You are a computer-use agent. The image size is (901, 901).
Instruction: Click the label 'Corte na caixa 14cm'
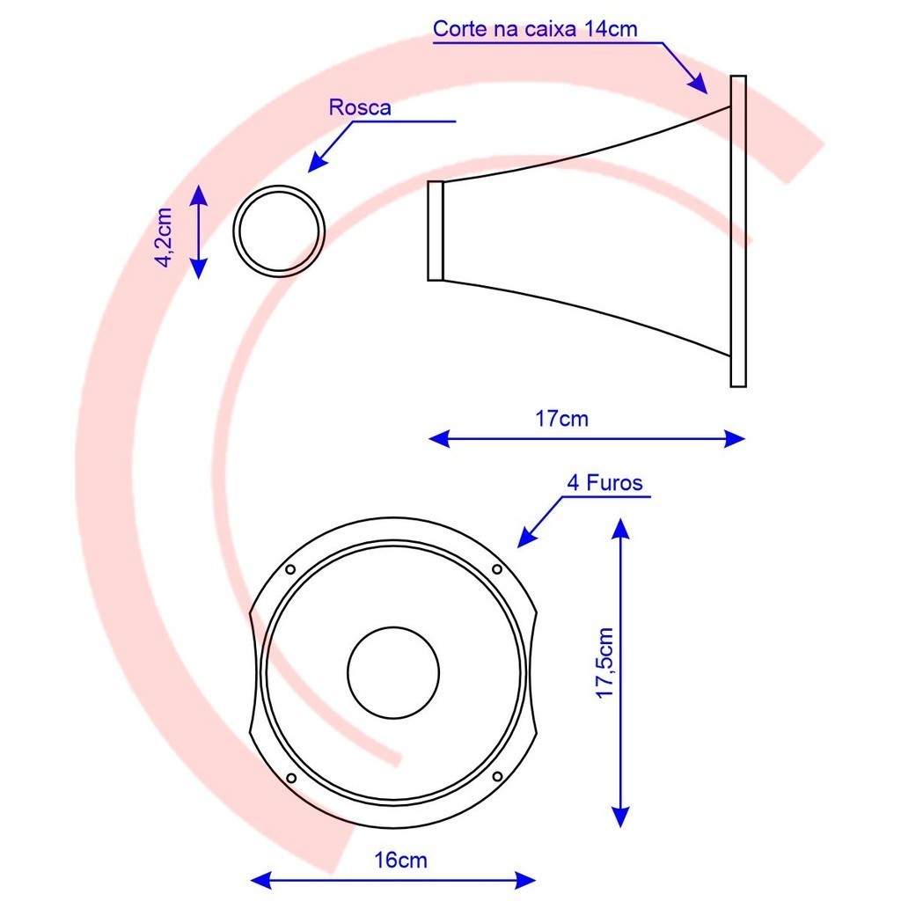(535, 29)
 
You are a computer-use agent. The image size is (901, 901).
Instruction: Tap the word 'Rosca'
(360, 107)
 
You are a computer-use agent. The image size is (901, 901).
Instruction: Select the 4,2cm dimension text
(165, 238)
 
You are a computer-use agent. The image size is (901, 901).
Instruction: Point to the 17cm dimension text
(562, 419)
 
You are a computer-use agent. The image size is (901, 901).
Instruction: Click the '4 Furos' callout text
(604, 483)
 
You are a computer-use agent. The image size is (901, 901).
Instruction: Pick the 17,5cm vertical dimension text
(605, 663)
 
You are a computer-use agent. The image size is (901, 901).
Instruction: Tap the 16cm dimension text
(400, 861)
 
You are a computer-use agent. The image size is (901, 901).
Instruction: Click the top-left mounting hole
(290, 569)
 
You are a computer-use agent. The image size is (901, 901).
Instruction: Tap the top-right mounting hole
(497, 569)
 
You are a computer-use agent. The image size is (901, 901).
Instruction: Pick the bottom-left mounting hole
(290, 778)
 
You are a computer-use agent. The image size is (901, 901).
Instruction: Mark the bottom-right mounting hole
(498, 777)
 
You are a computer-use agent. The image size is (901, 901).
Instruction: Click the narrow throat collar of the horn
(436, 231)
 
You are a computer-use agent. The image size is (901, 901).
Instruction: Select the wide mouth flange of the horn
(738, 231)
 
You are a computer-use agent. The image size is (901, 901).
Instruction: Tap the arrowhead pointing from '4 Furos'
(527, 538)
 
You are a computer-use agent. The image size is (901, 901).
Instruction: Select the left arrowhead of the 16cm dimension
(260, 880)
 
